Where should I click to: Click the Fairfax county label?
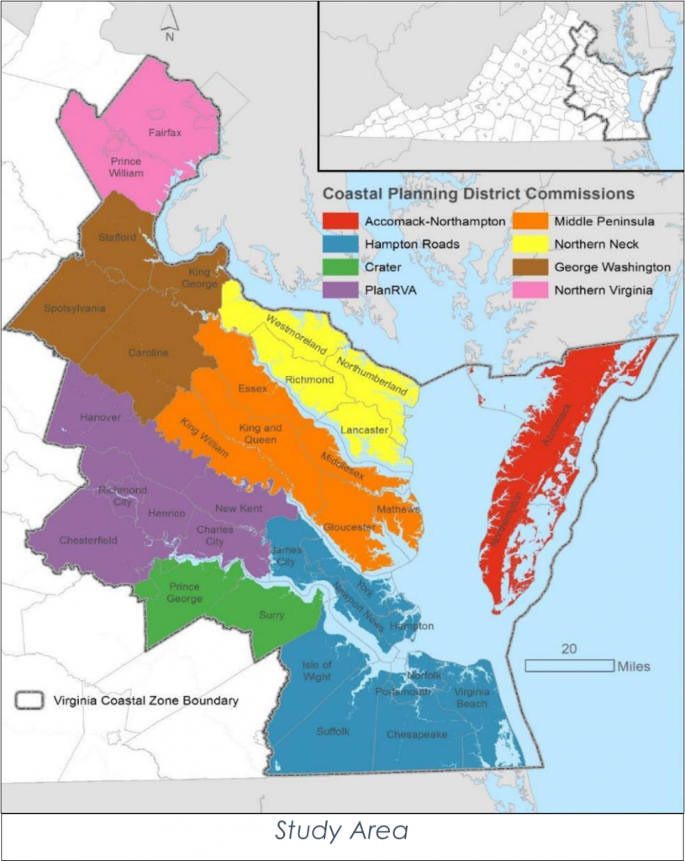point(165,132)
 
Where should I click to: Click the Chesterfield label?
point(88,541)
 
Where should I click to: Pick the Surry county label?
point(271,615)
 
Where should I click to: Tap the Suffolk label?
point(333,732)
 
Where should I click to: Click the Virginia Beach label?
point(471,698)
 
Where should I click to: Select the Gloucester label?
point(348,527)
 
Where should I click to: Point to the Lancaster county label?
point(364,430)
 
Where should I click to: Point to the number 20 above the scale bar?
point(569,649)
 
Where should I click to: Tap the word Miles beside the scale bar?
point(633,667)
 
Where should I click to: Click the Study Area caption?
point(341,832)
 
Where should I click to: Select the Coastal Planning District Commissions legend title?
point(479,194)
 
